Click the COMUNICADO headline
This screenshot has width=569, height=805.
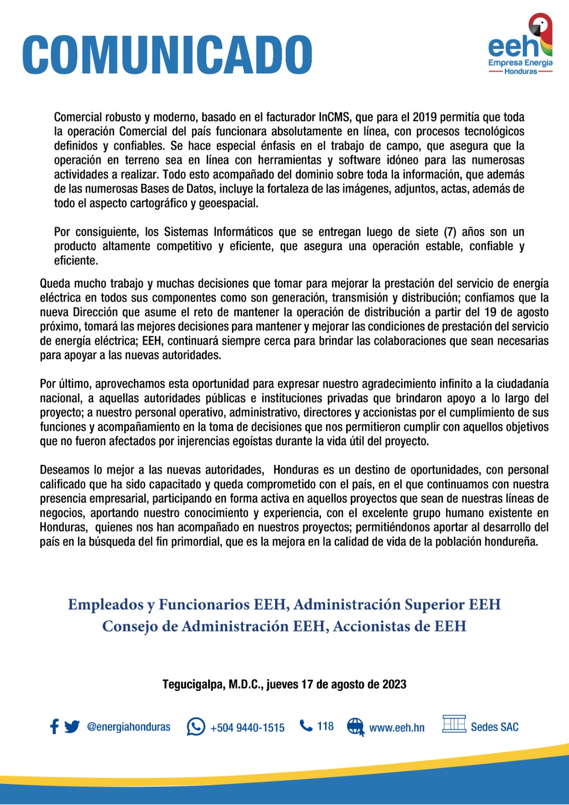(x=167, y=55)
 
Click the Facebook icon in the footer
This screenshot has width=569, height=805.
(x=54, y=727)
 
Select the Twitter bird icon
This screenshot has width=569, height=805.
(x=72, y=727)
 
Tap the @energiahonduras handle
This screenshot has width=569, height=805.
(x=128, y=727)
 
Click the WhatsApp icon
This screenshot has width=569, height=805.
(x=196, y=727)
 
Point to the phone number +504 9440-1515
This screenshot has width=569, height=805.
(x=248, y=728)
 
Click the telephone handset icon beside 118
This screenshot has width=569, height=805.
(x=305, y=726)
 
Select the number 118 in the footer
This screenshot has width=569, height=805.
(x=325, y=726)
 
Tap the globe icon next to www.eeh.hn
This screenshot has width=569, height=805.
(x=355, y=727)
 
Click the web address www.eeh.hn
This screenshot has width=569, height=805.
(x=397, y=728)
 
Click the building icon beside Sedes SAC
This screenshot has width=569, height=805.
(x=454, y=724)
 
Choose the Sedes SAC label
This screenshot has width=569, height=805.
(x=495, y=727)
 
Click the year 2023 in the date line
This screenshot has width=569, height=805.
(x=394, y=684)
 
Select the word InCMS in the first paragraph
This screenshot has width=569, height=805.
(x=334, y=117)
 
